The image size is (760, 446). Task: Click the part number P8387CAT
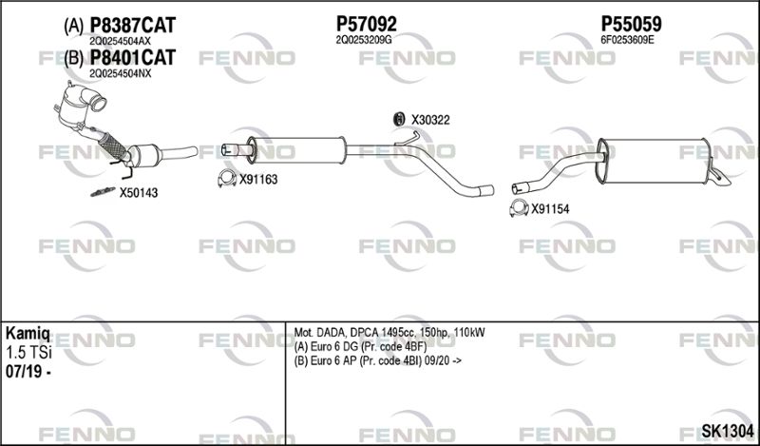[x=133, y=26]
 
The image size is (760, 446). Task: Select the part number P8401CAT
[x=132, y=58]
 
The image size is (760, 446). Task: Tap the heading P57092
[x=367, y=24]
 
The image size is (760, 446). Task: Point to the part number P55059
[x=631, y=24]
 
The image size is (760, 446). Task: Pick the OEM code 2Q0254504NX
[x=121, y=73]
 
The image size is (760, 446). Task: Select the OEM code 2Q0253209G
[x=364, y=40]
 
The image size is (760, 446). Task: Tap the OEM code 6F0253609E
[x=627, y=40]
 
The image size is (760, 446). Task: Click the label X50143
[x=139, y=193]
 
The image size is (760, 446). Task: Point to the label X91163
[x=258, y=180]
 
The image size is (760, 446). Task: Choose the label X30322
[x=430, y=120]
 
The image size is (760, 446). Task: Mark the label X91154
[x=550, y=209]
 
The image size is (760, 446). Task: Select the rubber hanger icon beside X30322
[x=398, y=119]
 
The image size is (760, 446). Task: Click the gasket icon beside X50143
[x=103, y=192]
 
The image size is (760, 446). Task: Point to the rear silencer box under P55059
[x=654, y=161]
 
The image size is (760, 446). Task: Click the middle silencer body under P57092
[x=295, y=150]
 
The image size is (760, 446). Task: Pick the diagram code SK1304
[x=728, y=431]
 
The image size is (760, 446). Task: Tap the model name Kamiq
[x=28, y=334]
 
